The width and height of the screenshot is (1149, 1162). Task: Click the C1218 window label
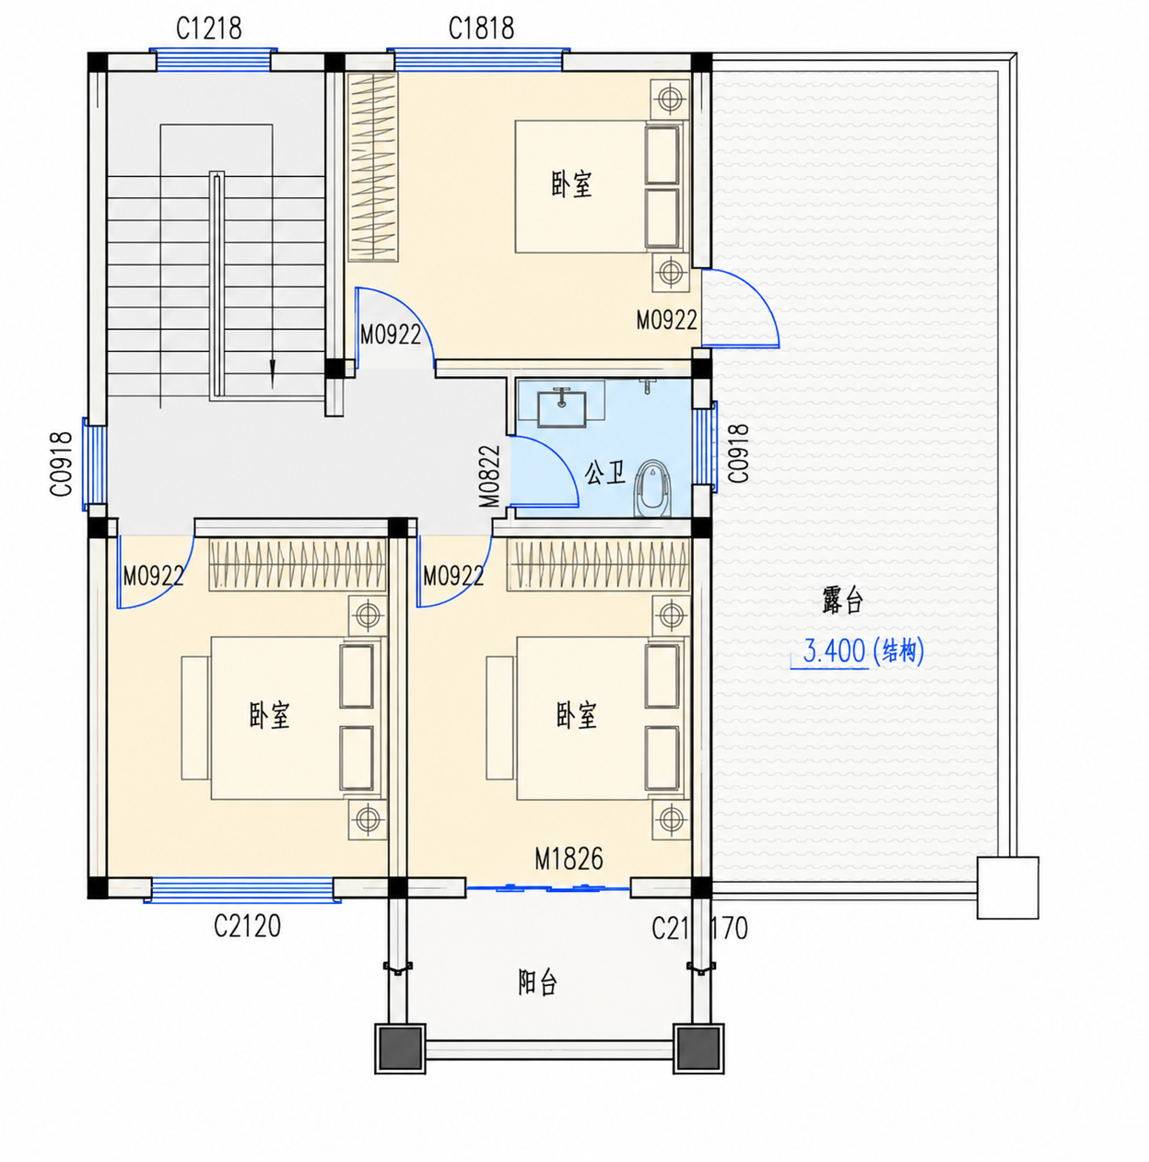coord(208,28)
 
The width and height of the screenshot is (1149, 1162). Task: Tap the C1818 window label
coord(481,28)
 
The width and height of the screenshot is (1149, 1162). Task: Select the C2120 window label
coord(247,926)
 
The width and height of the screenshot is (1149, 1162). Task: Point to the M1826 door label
coord(569,859)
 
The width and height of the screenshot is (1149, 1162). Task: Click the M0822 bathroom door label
coord(490,475)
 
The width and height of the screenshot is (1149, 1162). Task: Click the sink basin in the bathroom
coord(561,407)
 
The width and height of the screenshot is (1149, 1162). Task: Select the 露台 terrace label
coord(842,599)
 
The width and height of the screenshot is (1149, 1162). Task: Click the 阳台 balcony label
coord(537,982)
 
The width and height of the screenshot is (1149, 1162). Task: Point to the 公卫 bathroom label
coord(604,473)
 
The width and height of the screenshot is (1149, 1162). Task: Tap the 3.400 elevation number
coord(834,651)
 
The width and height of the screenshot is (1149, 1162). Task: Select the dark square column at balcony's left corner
coord(400,1048)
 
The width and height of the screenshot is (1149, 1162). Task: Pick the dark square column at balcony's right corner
coord(698,1048)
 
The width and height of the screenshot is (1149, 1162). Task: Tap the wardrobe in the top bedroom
coord(373,167)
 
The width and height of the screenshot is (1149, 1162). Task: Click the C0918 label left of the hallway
coord(61,464)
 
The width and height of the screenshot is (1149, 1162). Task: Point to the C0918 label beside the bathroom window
coord(738,453)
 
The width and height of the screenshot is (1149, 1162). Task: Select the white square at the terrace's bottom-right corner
coord(1007,887)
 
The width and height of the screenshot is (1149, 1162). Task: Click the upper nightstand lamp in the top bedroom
coord(670,99)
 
